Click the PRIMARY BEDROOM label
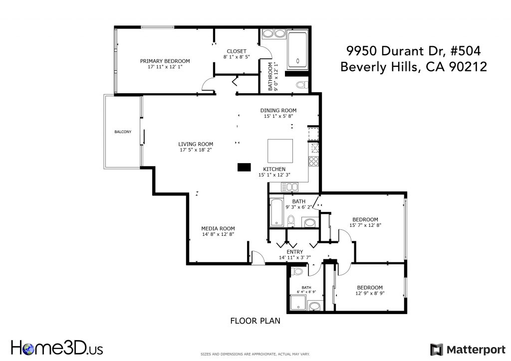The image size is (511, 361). (x=165, y=61)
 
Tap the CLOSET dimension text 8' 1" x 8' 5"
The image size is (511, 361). (x=237, y=57)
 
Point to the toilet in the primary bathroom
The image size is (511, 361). (x=302, y=85)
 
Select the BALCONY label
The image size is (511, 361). (x=123, y=132)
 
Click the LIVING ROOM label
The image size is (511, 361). (x=196, y=144)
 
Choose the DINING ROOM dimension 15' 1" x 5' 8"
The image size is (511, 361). (x=278, y=116)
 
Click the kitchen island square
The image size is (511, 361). (x=280, y=151)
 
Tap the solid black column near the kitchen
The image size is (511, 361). (x=244, y=167)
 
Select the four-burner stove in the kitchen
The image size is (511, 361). (x=313, y=162)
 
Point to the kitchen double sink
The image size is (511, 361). (x=289, y=187)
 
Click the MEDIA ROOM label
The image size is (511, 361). (x=218, y=228)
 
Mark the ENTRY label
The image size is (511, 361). (x=294, y=252)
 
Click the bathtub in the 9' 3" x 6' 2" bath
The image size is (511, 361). (x=276, y=212)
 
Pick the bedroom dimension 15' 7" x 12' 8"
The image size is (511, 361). (x=365, y=225)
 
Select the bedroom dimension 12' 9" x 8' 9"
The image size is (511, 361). (x=370, y=293)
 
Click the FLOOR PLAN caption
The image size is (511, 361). (x=255, y=321)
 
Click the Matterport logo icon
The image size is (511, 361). (x=437, y=350)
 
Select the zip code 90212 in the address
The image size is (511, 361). (x=468, y=67)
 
